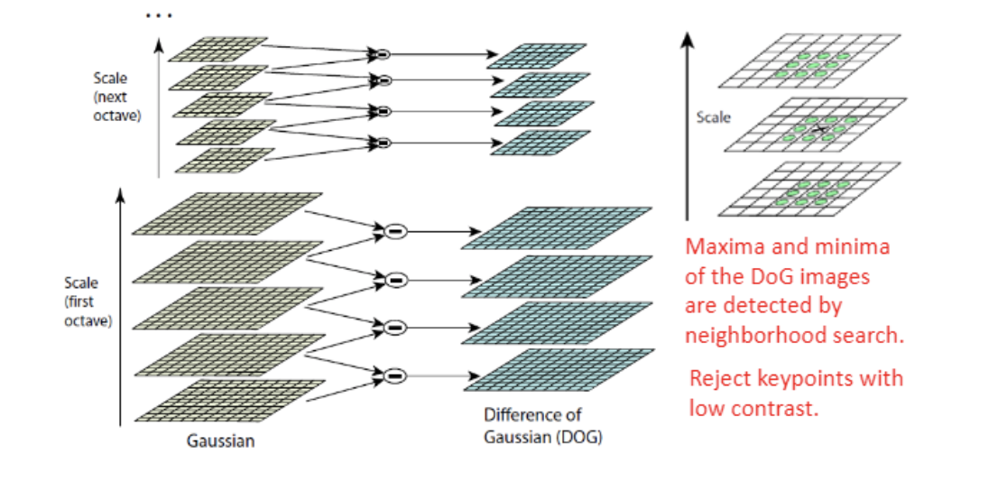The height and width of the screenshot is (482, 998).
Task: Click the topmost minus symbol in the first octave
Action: click(x=393, y=232)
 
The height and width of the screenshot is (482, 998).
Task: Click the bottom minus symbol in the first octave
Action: click(x=393, y=375)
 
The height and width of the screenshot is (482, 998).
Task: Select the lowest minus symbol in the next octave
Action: click(x=383, y=142)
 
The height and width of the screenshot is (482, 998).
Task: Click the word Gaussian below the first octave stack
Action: click(x=221, y=441)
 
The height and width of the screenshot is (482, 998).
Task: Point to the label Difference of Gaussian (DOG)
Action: click(x=542, y=427)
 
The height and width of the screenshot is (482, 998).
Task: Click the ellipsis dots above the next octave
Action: click(x=157, y=16)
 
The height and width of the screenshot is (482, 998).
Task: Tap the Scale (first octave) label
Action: click(x=88, y=301)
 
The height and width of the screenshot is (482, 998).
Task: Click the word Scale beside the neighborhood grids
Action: click(x=713, y=117)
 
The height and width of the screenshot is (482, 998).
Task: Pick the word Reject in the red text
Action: click(x=721, y=377)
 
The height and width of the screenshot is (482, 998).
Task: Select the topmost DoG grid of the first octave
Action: click(x=556, y=227)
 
